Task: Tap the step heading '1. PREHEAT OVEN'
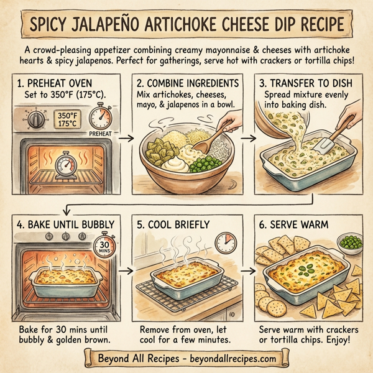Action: pos(55,83)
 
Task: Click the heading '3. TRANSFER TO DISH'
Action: pos(306,83)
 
